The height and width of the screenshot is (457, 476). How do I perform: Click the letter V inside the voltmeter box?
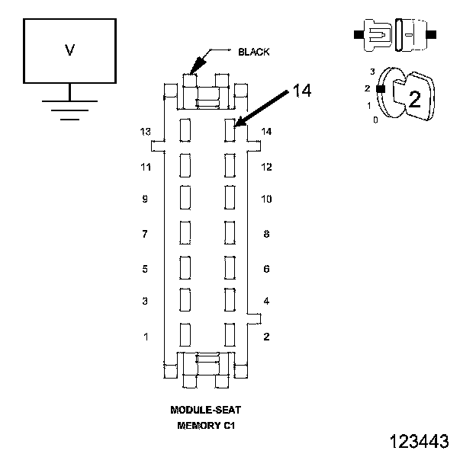70,50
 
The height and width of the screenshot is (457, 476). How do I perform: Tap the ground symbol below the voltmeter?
70,102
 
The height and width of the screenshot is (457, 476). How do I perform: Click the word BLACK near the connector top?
253,52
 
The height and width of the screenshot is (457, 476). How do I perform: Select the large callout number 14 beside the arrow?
302,91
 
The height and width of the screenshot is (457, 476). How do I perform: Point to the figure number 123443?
419,441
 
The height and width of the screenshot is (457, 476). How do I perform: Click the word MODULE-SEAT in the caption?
205,410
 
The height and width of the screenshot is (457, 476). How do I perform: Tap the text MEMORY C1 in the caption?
206,426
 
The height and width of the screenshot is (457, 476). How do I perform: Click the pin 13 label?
145,132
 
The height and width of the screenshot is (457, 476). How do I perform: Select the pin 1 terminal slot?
185,334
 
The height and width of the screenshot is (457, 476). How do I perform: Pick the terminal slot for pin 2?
230,334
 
